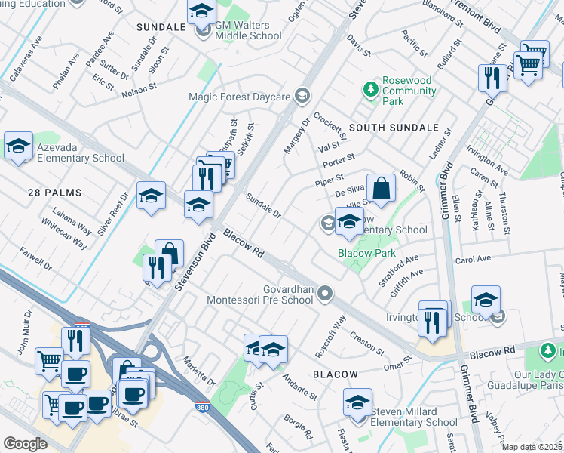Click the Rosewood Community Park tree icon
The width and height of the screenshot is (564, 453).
[x=370, y=90]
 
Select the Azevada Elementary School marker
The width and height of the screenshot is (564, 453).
[x=18, y=146]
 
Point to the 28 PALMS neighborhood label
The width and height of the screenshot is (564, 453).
[x=52, y=193]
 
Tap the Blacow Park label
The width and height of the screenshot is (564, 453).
[x=363, y=254]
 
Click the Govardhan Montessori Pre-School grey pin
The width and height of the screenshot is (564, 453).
[x=325, y=293]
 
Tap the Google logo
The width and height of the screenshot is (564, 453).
[x=25, y=444]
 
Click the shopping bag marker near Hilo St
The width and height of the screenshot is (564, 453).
[x=382, y=189]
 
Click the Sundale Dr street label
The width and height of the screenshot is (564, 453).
[x=264, y=205]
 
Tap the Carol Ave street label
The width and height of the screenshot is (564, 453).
[x=473, y=259]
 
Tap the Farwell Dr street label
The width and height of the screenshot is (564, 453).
[x=35, y=260]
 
